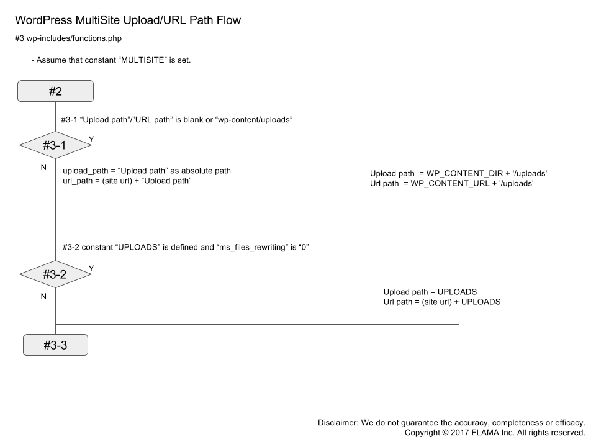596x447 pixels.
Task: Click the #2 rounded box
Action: pyautogui.click(x=55, y=91)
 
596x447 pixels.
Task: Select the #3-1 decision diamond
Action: pyautogui.click(x=55, y=145)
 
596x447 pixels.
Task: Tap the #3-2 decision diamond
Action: pyautogui.click(x=55, y=274)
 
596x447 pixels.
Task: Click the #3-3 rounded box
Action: pyautogui.click(x=55, y=345)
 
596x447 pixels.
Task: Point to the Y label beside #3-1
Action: pyautogui.click(x=91, y=139)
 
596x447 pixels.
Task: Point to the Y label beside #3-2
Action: pyautogui.click(x=91, y=268)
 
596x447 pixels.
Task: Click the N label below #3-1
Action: pyautogui.click(x=43, y=168)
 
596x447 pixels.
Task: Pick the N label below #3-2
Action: pyautogui.click(x=43, y=296)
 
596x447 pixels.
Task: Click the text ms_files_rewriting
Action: pyautogui.click(x=256, y=247)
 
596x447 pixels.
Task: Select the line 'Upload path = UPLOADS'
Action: pyautogui.click(x=429, y=291)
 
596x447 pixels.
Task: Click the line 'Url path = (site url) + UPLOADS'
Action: pyautogui.click(x=441, y=302)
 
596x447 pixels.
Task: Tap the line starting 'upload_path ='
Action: pyautogui.click(x=147, y=170)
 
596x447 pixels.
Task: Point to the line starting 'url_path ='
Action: pyautogui.click(x=127, y=181)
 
